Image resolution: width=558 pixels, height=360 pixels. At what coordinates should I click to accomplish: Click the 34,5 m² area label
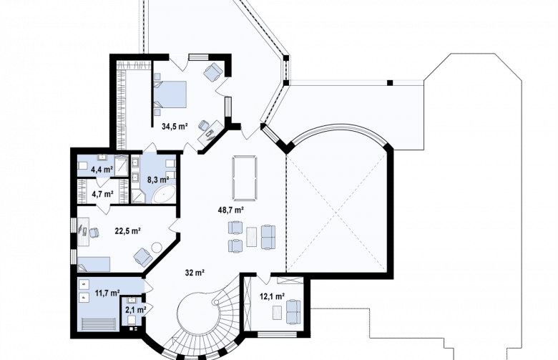(175, 126)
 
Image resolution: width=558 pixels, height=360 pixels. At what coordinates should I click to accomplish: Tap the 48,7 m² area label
(230, 210)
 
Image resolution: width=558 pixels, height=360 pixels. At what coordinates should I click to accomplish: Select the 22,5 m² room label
(127, 230)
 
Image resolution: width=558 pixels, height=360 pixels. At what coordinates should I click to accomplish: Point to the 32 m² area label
(195, 273)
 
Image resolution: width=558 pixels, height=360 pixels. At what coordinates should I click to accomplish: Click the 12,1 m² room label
(272, 296)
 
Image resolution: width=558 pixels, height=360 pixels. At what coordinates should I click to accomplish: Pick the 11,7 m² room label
(107, 293)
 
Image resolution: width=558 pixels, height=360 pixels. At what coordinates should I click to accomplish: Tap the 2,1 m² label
(136, 310)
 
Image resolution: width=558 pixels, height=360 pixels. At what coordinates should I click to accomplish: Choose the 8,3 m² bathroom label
(158, 179)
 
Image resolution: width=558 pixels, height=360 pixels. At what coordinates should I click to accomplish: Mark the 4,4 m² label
(102, 169)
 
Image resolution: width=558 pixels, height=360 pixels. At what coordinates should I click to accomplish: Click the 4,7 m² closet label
(102, 194)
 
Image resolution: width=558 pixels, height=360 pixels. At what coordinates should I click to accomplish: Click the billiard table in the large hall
(244, 177)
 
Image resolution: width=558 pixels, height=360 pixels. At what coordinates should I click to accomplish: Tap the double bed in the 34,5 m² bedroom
(170, 94)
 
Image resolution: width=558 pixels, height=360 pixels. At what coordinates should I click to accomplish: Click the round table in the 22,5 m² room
(156, 247)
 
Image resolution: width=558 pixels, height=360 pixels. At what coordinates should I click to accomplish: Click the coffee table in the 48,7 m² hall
(252, 237)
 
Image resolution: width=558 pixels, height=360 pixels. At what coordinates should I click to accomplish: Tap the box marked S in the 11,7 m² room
(84, 284)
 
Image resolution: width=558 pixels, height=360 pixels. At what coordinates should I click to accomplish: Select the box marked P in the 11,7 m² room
(84, 297)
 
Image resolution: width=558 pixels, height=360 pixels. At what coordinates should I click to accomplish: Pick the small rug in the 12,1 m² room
(278, 313)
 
